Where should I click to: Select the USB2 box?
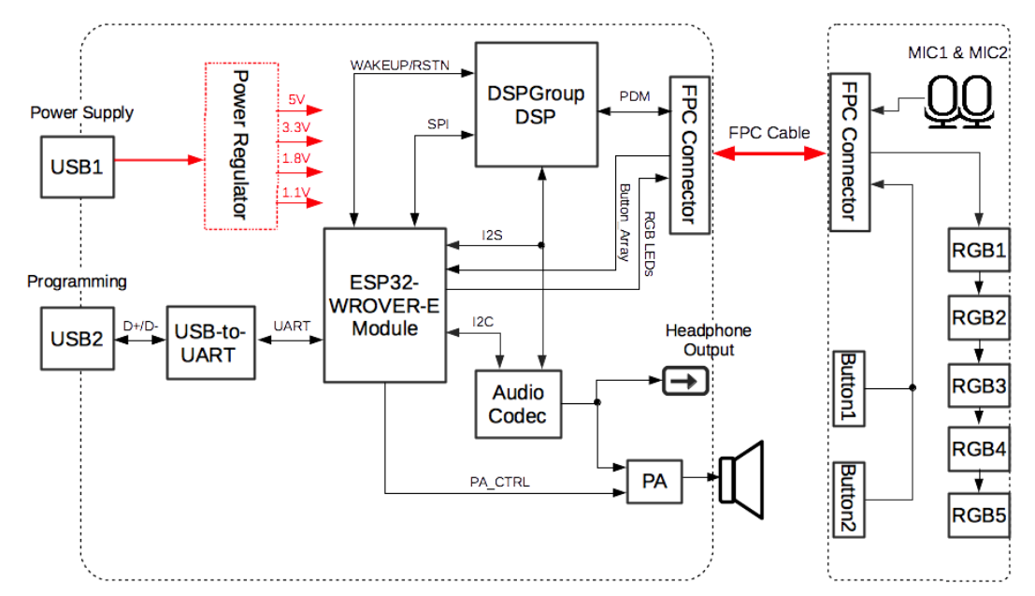coord(77,339)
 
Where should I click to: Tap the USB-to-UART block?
coord(210,342)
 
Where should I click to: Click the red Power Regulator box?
coord(241,145)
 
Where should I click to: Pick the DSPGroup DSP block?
coord(536,105)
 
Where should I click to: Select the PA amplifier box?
coord(654,482)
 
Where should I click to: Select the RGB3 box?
coord(979,385)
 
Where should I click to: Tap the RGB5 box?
coord(979,514)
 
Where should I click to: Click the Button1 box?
coord(849,387)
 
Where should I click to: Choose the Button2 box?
coord(849,499)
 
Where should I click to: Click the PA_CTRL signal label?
coord(499,483)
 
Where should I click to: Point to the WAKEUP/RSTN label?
coord(399,65)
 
